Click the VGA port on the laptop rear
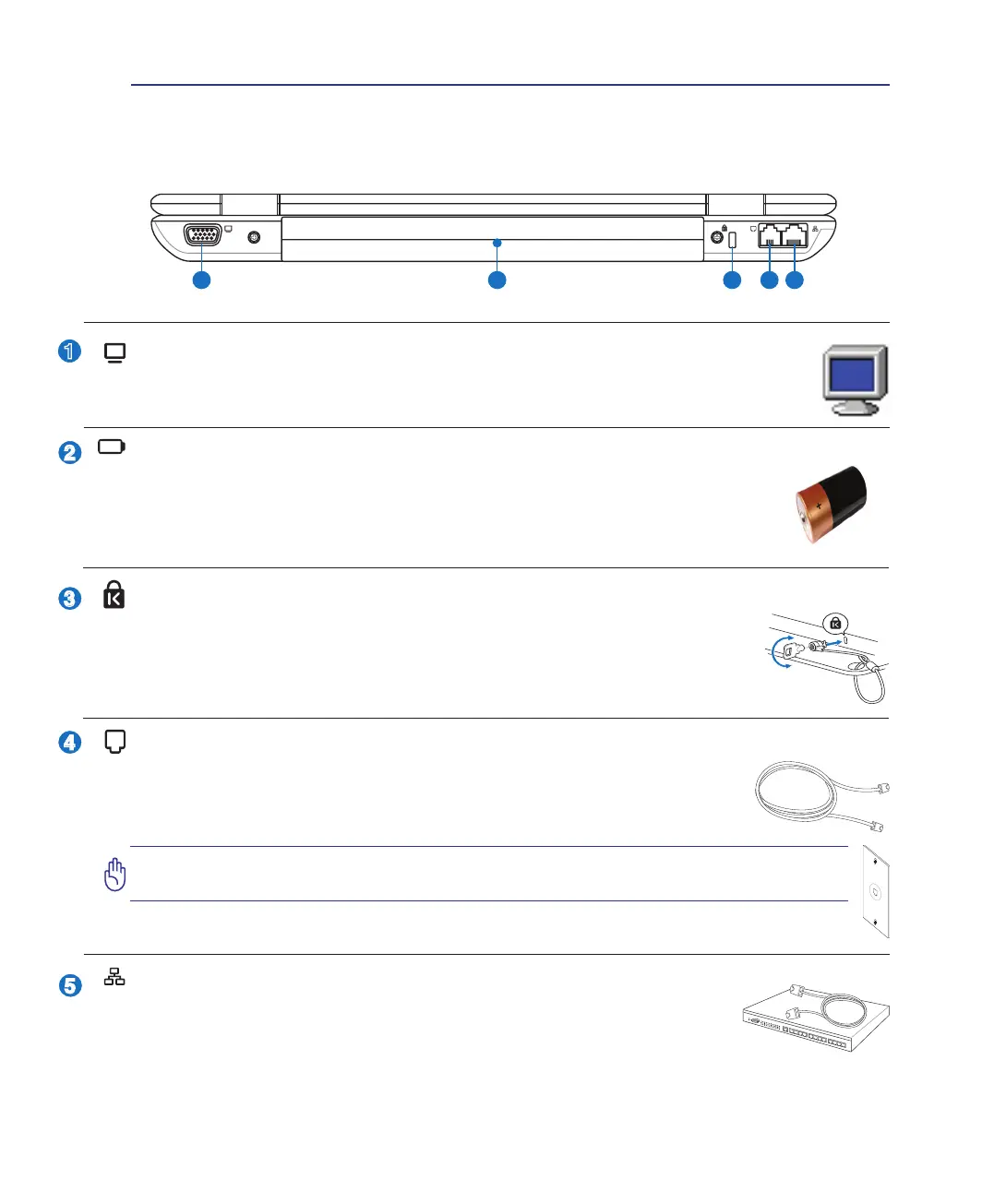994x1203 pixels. click(202, 236)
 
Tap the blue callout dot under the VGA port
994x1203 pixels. click(201, 280)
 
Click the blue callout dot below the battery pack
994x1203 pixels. click(497, 280)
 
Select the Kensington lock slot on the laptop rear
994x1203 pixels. click(732, 239)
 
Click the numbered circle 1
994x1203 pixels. click(69, 351)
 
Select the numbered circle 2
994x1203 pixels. click(69, 453)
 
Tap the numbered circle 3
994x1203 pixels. click(69, 599)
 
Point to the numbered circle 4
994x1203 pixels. click(69, 742)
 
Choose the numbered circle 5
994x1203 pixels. click(69, 985)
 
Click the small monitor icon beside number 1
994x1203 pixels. click(114, 353)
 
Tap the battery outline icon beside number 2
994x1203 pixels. click(112, 447)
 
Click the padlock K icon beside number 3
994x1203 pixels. click(114, 595)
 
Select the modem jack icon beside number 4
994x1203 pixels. click(114, 742)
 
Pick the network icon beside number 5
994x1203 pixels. click(114, 978)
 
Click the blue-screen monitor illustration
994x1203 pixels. click(855, 380)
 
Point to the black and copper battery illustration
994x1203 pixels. click(831, 503)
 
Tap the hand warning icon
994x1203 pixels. click(114, 874)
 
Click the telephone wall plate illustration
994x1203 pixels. click(875, 892)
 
